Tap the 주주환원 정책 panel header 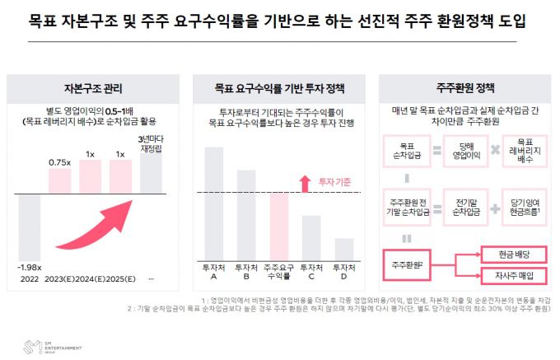pos(466,87)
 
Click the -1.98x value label pos(30,266)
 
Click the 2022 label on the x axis pos(30,278)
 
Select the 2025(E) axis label pos(119,278)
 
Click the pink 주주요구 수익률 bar pos(280,227)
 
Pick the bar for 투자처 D pos(344,249)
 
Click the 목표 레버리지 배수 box pos(525,151)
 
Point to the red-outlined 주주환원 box pos(408,264)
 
